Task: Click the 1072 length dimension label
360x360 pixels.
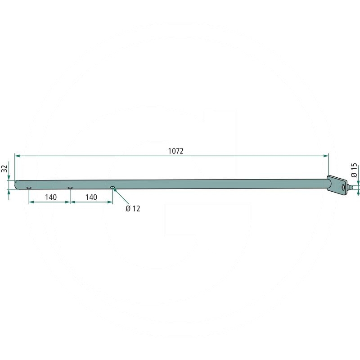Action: click(176, 151)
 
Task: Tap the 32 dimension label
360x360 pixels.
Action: click(5, 168)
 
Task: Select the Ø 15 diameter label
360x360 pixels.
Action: click(354, 170)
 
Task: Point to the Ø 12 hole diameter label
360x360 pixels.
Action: click(133, 208)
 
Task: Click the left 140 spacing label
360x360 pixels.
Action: click(51, 197)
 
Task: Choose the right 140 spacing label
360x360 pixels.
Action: click(91, 197)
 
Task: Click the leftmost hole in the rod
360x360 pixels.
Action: click(29, 188)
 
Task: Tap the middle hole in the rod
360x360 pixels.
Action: click(70, 188)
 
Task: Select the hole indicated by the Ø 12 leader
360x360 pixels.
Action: click(112, 188)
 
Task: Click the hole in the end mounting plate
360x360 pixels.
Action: click(343, 187)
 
